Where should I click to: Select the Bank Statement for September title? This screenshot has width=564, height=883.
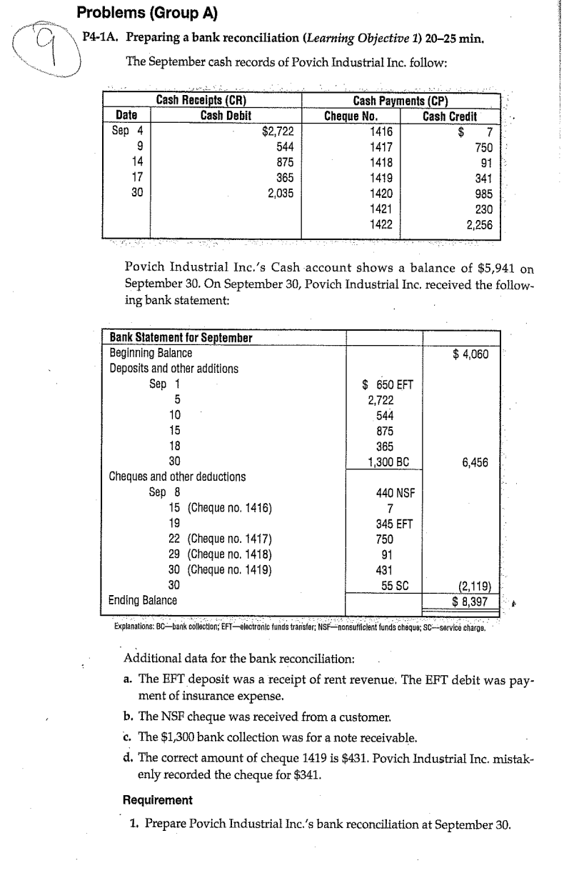pyautogui.click(x=181, y=338)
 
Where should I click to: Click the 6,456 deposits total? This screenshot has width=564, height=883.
pyautogui.click(x=475, y=462)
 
